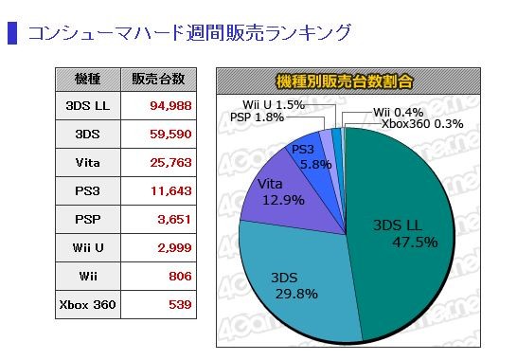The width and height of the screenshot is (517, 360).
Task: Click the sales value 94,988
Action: [170, 105]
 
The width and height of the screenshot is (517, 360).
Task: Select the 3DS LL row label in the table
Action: [87, 105]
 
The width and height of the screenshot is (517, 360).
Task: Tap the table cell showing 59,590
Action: [170, 134]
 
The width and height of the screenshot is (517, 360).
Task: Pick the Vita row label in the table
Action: [87, 162]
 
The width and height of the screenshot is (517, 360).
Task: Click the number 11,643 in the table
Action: [171, 190]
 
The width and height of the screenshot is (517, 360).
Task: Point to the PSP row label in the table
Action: [87, 219]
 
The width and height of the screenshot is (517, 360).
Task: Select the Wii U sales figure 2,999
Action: [174, 247]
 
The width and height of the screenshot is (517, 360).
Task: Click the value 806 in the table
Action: [180, 276]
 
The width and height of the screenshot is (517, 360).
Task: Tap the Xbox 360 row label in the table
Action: [87, 304]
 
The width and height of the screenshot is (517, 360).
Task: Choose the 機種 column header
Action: [88, 80]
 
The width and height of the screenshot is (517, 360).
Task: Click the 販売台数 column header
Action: [158, 80]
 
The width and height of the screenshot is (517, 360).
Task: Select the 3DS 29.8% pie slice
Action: [296, 284]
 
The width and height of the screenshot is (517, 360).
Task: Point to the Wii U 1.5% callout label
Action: [274, 105]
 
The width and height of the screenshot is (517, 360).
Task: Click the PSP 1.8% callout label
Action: [257, 117]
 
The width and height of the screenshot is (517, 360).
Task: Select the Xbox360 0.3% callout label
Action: [422, 124]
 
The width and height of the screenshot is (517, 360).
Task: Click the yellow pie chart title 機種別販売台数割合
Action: [345, 81]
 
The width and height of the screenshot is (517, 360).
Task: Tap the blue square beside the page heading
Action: [12, 33]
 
